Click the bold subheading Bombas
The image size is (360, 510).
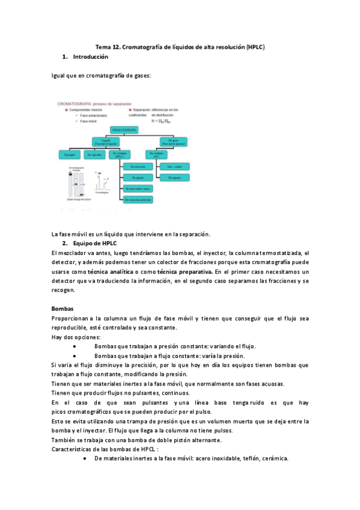(x=62, y=309)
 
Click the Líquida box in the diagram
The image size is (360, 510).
(x=104, y=141)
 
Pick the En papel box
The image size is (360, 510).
(x=69, y=155)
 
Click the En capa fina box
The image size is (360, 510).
(x=96, y=155)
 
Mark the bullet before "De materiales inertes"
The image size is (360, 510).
(x=88, y=458)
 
